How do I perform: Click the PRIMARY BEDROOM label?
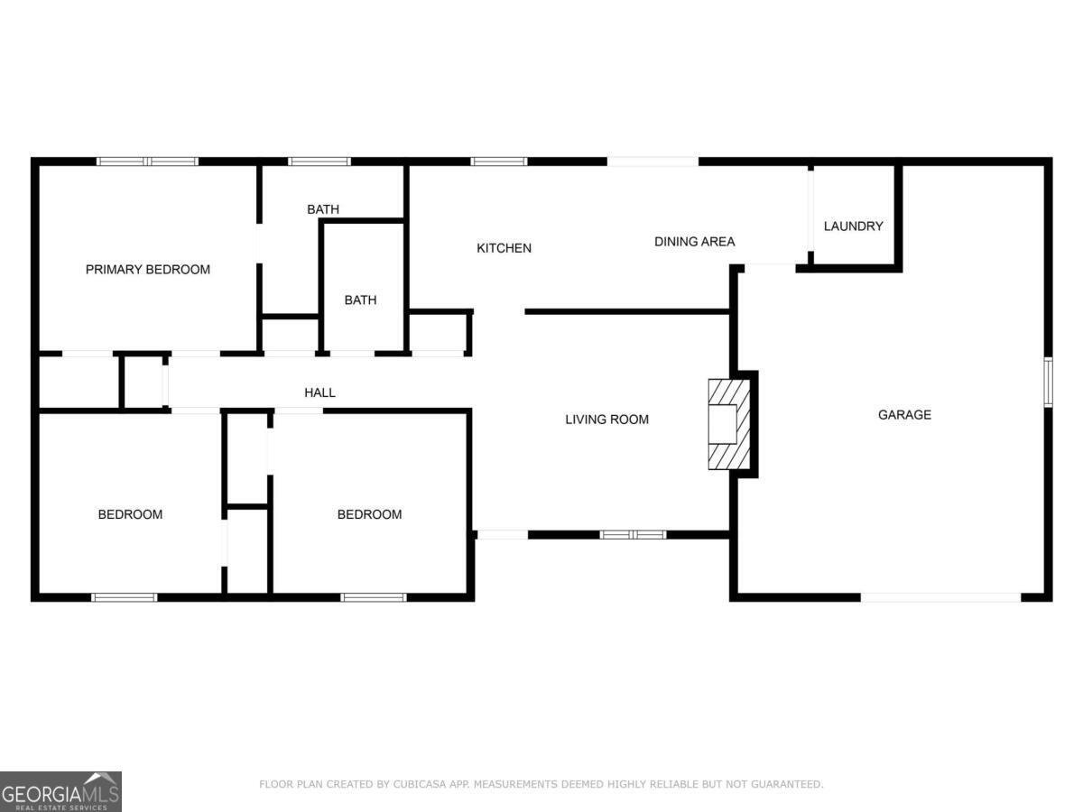pos(148,269)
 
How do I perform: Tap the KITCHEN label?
pos(504,248)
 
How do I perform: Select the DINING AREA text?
pos(694,242)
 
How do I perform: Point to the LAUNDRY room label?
pos(853,226)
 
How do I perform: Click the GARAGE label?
pos(904,415)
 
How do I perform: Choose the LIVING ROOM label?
pos(606,420)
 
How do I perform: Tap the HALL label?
pos(319,392)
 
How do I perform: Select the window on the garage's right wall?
pos(1048,382)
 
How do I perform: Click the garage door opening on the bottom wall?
pos(940,596)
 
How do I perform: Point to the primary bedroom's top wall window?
pos(147,161)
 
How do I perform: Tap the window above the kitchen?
pos(498,161)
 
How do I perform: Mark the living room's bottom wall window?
pos(633,535)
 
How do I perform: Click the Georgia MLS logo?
pos(60,791)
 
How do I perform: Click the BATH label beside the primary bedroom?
pos(323,209)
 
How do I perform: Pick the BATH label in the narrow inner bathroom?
pos(360,300)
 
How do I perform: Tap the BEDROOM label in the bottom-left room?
pos(130,514)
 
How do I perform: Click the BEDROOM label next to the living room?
pos(369,514)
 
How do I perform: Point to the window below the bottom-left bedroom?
pos(125,596)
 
